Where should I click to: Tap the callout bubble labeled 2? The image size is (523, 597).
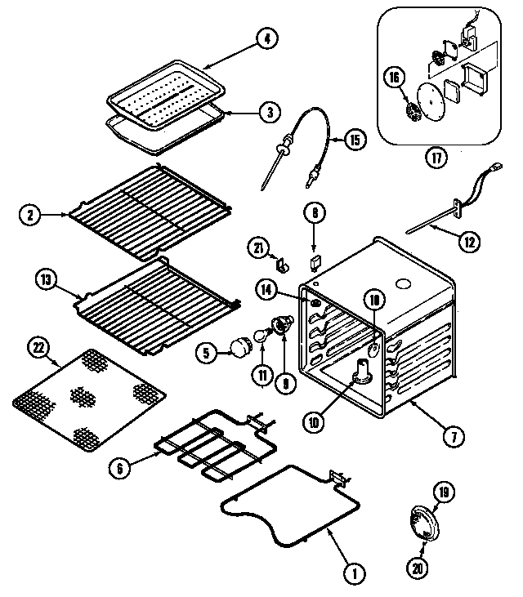[x=29, y=216]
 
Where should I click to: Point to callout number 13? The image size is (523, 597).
[x=46, y=280]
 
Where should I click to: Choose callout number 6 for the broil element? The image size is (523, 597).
[x=120, y=468]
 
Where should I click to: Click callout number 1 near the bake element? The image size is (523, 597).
[x=354, y=574]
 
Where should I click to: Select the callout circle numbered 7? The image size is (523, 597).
[x=449, y=435]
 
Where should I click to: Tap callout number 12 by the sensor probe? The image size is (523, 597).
[x=469, y=241]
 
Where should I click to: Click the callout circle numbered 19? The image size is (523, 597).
[x=443, y=492]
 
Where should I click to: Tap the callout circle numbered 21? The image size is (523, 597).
[x=258, y=247]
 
